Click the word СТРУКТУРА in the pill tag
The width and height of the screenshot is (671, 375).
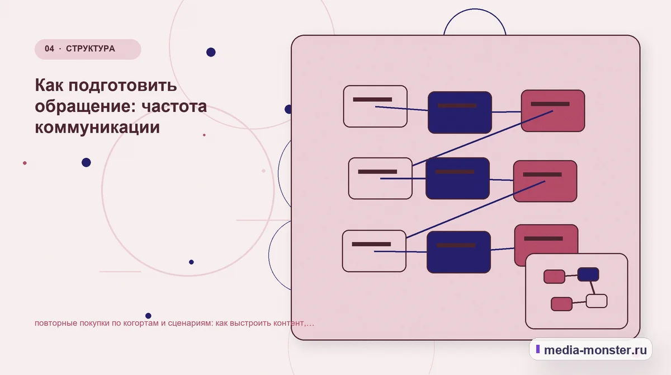(x=91, y=49)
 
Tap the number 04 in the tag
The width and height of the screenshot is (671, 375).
(x=49, y=49)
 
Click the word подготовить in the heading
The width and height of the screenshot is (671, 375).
(x=123, y=86)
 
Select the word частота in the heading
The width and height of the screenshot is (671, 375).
(x=174, y=106)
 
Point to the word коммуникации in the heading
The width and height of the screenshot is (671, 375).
(x=97, y=128)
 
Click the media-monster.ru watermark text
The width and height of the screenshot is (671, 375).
(x=595, y=350)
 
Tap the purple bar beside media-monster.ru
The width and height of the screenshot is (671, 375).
(x=538, y=349)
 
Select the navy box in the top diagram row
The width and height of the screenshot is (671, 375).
(x=460, y=112)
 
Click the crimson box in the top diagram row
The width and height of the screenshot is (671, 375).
(x=553, y=111)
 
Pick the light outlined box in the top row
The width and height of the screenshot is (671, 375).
(x=375, y=106)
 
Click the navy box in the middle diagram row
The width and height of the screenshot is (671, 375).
(x=458, y=179)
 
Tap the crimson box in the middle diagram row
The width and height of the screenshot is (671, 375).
(x=545, y=181)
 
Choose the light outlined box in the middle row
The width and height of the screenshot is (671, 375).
(x=380, y=179)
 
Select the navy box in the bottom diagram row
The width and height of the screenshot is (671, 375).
(x=459, y=252)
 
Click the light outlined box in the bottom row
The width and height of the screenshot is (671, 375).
(x=374, y=251)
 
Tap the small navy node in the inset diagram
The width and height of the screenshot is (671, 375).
(x=588, y=274)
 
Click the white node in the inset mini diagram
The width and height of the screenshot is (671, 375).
(x=597, y=301)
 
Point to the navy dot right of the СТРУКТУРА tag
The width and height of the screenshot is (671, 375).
(x=211, y=52)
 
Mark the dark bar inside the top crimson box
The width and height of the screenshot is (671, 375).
(x=550, y=104)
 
